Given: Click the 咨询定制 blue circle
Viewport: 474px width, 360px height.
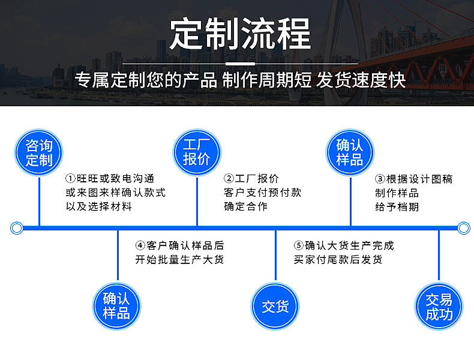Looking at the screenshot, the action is tap(38, 152).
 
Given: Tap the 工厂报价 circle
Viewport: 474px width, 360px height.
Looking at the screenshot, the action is tap(197, 152).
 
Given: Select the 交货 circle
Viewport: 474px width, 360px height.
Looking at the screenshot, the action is tap(275, 306).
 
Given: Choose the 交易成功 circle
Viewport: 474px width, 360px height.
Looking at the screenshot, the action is tap(439, 306).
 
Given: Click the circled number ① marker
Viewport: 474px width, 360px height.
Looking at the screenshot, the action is tap(70, 178).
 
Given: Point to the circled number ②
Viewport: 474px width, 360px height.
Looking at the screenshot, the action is tap(229, 178).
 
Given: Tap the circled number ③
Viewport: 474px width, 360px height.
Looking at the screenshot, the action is tap(380, 179).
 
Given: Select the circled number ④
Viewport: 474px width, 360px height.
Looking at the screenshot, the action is tap(140, 245).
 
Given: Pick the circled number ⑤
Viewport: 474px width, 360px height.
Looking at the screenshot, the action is tap(299, 245).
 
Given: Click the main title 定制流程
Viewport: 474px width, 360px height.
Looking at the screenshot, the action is tap(241, 34).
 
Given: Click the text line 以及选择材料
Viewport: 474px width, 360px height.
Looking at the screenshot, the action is tap(99, 206).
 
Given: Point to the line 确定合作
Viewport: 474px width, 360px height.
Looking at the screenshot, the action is tap(246, 206).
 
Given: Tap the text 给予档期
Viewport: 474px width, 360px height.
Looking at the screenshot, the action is tap(397, 207).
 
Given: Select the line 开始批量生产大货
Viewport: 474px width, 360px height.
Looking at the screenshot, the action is tap(179, 259).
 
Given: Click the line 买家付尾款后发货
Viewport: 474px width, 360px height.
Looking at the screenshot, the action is tap(338, 259).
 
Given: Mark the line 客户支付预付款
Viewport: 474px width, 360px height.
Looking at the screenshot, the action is tap(263, 193).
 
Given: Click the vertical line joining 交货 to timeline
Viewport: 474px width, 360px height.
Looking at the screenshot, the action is tap(275, 256).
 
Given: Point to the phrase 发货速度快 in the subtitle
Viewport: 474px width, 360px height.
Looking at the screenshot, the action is tap(361, 80).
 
